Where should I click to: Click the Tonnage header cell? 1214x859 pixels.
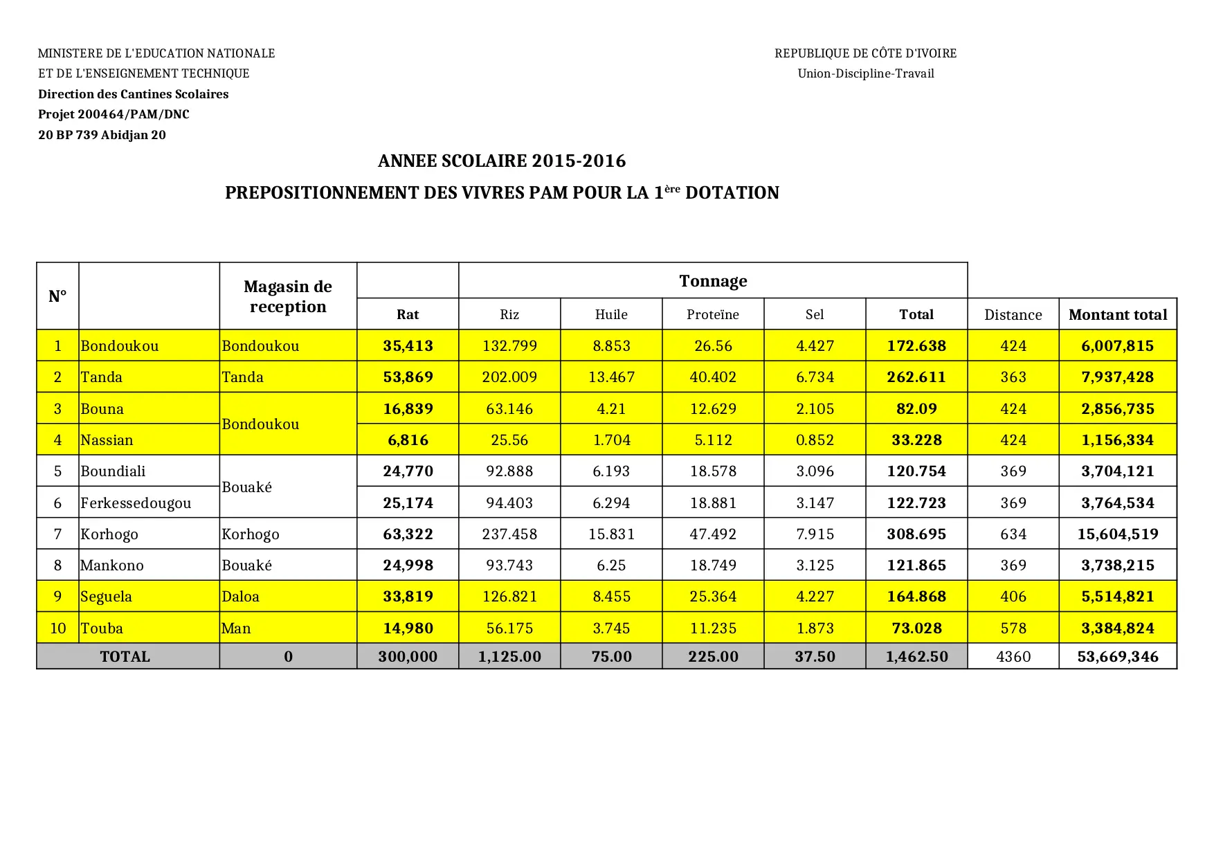713,281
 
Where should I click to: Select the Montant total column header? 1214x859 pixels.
1117,315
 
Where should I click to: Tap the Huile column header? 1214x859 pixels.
611,315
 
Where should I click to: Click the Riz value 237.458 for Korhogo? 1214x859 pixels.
509,534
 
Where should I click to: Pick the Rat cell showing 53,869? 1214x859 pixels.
408,377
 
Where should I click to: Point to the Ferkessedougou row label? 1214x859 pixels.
136,503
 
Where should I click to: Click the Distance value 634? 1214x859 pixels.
1013,534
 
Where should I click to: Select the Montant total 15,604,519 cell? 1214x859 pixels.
1117,534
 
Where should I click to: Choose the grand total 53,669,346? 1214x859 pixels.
1117,657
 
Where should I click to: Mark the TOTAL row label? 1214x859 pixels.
125,657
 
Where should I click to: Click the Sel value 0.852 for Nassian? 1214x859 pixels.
815,440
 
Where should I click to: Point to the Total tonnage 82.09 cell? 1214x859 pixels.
916,409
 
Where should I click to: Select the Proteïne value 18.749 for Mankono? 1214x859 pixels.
713,566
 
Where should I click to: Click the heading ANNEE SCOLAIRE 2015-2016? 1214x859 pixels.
502,161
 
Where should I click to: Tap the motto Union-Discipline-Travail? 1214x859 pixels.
865,73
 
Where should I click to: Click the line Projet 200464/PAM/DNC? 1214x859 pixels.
114,114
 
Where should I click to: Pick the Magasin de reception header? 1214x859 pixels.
288,296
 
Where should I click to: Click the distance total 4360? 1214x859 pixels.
1013,657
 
